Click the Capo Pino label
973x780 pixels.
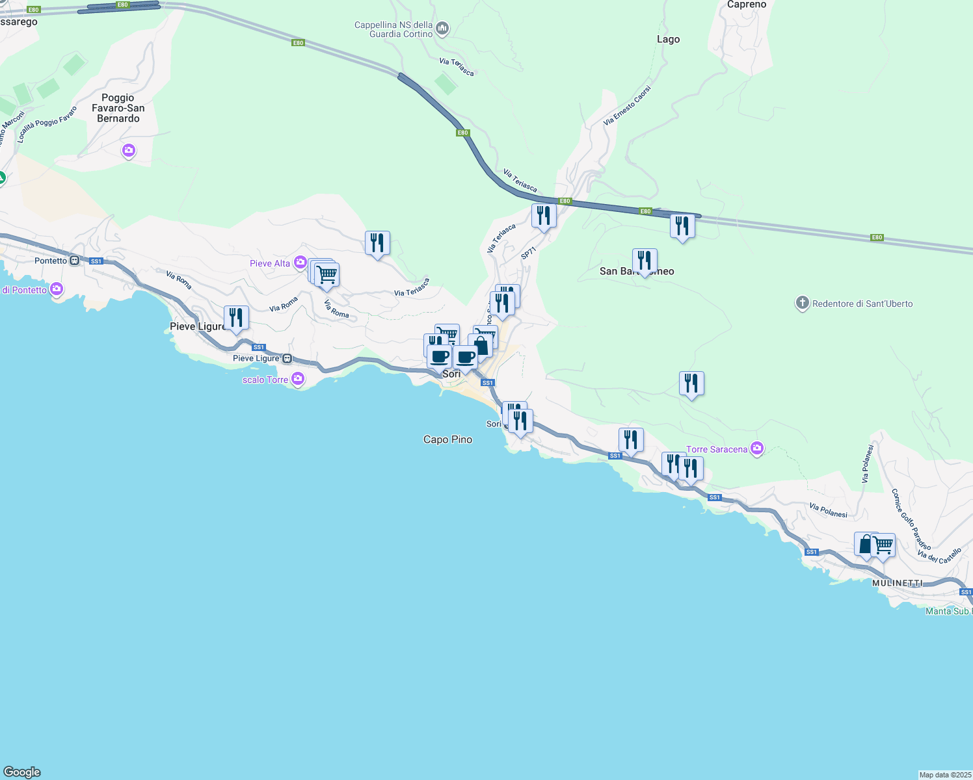pyautogui.click(x=447, y=439)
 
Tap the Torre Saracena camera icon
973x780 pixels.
pyautogui.click(x=756, y=448)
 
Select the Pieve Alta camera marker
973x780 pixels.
pyautogui.click(x=300, y=263)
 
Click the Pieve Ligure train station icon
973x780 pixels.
pyautogui.click(x=287, y=359)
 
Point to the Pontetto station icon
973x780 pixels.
pyautogui.click(x=75, y=261)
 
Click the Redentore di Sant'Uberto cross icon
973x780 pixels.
pyautogui.click(x=802, y=303)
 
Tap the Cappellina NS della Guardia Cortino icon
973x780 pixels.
pyautogui.click(x=442, y=28)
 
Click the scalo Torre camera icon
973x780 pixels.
pyautogui.click(x=298, y=379)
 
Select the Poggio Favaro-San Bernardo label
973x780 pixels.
pyautogui.click(x=118, y=108)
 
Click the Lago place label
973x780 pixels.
pyautogui.click(x=668, y=39)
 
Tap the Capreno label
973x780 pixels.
pyautogui.click(x=747, y=5)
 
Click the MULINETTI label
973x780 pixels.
pyautogui.click(x=897, y=583)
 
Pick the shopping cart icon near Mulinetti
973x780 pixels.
pyautogui.click(x=883, y=545)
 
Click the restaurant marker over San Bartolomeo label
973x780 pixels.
pyautogui.click(x=645, y=261)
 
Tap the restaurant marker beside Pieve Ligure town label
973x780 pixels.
pyautogui.click(x=236, y=318)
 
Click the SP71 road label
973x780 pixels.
pyautogui.click(x=529, y=253)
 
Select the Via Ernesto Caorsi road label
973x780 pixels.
pyautogui.click(x=627, y=105)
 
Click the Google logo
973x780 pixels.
pyautogui.click(x=22, y=772)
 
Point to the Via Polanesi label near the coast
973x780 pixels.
pyautogui.click(x=828, y=510)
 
